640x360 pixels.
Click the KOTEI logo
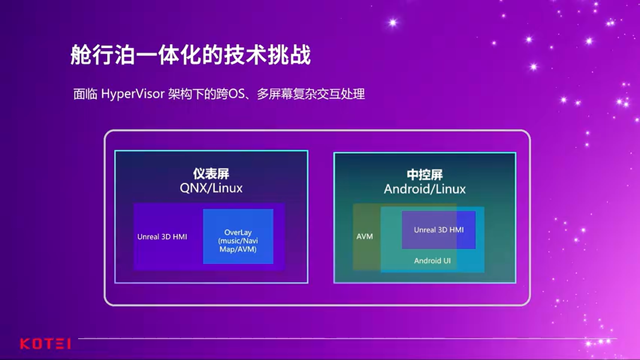tap(45, 343)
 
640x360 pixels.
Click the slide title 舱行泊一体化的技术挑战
tap(190, 55)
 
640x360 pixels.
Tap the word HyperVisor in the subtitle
tap(132, 93)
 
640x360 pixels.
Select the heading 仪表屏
tap(211, 174)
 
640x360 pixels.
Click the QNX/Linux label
tap(211, 188)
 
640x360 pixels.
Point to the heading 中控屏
tap(424, 174)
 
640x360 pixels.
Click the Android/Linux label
tap(424, 189)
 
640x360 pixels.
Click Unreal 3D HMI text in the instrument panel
tap(162, 236)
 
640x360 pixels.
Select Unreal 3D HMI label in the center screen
tap(438, 229)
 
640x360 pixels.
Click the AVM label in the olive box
tap(364, 236)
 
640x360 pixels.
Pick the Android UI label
tap(432, 260)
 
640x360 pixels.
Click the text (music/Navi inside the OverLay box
tap(238, 241)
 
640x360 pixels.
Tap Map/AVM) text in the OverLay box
tap(238, 249)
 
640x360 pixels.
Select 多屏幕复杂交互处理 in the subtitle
tap(310, 93)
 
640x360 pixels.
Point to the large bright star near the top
tap(392, 22)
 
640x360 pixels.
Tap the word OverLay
tap(238, 232)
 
